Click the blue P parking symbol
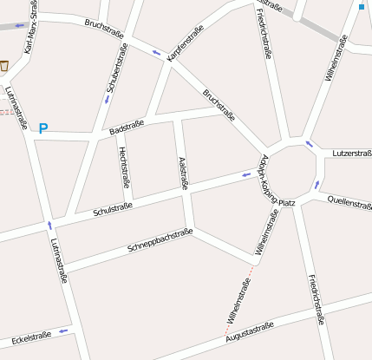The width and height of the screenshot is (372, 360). tap(42, 128)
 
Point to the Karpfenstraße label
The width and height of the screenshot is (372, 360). tap(185, 43)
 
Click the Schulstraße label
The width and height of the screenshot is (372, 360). tap(112, 208)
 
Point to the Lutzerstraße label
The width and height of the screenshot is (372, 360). tap(351, 153)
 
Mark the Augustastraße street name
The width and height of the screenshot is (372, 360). tap(250, 331)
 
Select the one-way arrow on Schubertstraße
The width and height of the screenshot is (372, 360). tap(107, 99)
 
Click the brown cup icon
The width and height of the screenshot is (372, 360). tap(4, 65)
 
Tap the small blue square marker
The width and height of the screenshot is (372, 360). tap(361, 7)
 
